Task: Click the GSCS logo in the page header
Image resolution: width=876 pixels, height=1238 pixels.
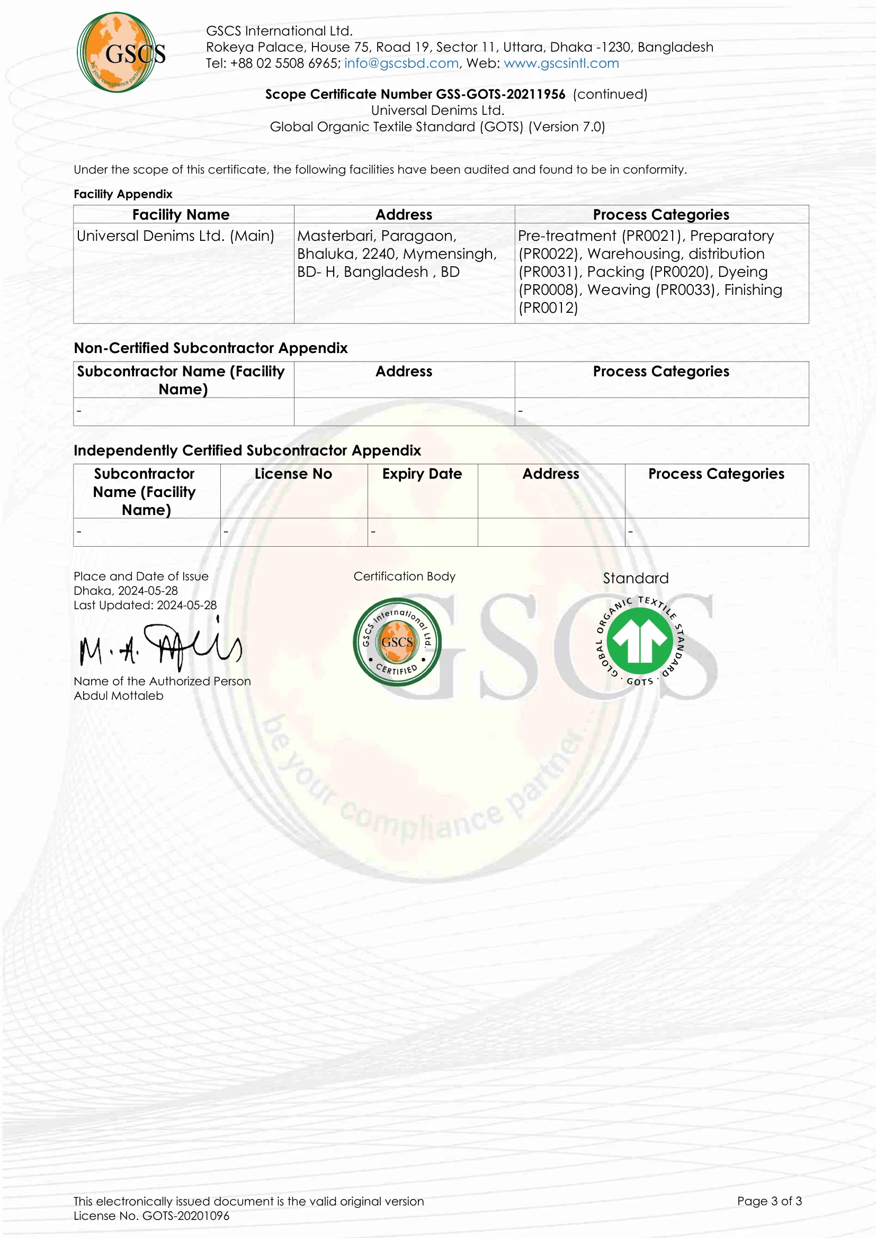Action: click(x=120, y=52)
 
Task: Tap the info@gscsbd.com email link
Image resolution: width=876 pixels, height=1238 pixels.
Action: click(x=401, y=63)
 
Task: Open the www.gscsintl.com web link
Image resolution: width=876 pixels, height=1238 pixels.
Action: click(x=561, y=63)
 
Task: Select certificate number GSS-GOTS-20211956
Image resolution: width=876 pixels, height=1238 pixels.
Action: click(x=500, y=94)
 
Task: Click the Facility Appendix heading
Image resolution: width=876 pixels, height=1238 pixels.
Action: click(x=123, y=194)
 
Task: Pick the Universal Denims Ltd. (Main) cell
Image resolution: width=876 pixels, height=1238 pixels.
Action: click(x=175, y=236)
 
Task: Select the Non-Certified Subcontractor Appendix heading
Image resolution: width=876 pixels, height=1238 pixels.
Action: click(x=210, y=348)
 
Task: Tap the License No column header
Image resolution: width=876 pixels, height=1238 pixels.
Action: click(x=293, y=474)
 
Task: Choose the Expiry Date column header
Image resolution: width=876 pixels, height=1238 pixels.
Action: click(x=422, y=474)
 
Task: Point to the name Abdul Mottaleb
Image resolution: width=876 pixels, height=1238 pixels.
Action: click(x=119, y=695)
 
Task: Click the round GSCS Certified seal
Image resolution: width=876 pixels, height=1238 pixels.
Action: click(x=397, y=641)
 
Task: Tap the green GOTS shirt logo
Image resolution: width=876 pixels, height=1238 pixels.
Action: click(x=640, y=641)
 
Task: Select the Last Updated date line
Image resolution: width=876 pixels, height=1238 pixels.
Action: click(x=145, y=605)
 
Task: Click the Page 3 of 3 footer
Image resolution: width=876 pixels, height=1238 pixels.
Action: click(x=769, y=1201)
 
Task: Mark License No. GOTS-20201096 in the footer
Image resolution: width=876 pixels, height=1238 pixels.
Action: click(x=151, y=1215)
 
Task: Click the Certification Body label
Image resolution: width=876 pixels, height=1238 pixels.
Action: click(x=405, y=576)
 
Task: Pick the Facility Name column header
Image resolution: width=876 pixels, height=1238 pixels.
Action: click(x=181, y=214)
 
